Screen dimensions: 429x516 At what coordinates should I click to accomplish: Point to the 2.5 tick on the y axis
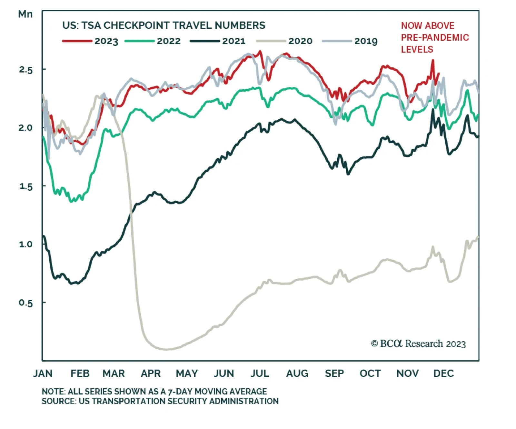click(26, 70)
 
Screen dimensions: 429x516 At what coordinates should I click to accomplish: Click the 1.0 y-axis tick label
click(26, 244)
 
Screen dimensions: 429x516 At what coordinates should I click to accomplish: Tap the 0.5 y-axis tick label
click(26, 303)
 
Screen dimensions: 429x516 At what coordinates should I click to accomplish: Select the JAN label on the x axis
click(43, 374)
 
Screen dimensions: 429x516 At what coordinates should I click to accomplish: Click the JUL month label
click(260, 374)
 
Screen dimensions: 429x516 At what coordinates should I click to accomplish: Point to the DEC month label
click(443, 374)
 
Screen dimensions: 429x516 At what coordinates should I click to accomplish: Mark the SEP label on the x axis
click(334, 374)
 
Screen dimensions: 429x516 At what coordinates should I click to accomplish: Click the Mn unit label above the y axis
click(25, 14)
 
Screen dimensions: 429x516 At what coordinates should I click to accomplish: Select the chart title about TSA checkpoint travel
click(164, 25)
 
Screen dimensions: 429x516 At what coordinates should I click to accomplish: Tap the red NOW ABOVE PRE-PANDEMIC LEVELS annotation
click(434, 37)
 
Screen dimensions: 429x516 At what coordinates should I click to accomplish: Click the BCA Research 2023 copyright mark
click(418, 344)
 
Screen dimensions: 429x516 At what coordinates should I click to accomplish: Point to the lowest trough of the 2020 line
click(166, 349)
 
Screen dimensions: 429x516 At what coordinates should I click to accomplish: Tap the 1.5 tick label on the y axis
click(26, 186)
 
